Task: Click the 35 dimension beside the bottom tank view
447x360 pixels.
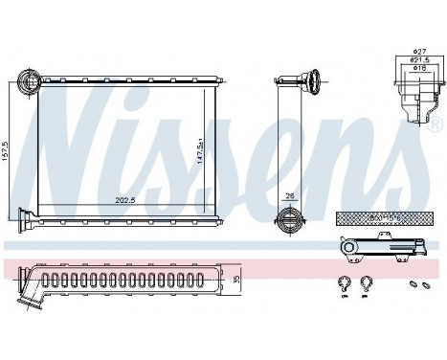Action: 237,280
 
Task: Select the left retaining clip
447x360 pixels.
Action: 344,282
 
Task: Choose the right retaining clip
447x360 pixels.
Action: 367,282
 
